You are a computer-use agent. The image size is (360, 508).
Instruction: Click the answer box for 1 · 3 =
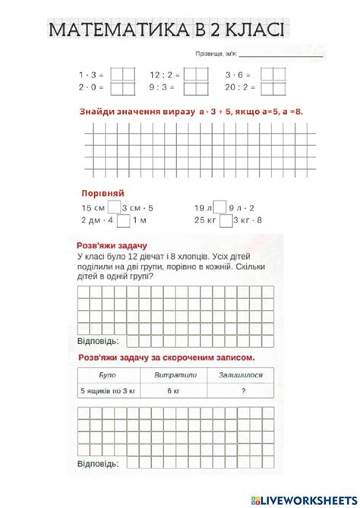point(122,74)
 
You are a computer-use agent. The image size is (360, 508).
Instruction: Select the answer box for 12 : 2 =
point(196,74)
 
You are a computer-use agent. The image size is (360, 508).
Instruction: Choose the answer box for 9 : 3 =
point(196,87)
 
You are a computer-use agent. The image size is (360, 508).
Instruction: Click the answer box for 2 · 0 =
point(122,87)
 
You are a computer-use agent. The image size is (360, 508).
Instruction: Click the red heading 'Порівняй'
point(103,193)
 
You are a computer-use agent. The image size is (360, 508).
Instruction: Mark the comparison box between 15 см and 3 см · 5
point(114,207)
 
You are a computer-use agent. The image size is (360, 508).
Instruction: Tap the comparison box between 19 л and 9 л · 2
point(219,207)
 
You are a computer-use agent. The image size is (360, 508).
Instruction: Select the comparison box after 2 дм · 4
point(123,220)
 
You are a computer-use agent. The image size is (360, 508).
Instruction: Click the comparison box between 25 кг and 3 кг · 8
point(224,220)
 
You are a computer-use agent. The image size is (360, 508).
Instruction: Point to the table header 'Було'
point(108,375)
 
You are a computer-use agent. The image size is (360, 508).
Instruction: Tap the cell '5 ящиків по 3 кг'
point(108,391)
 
